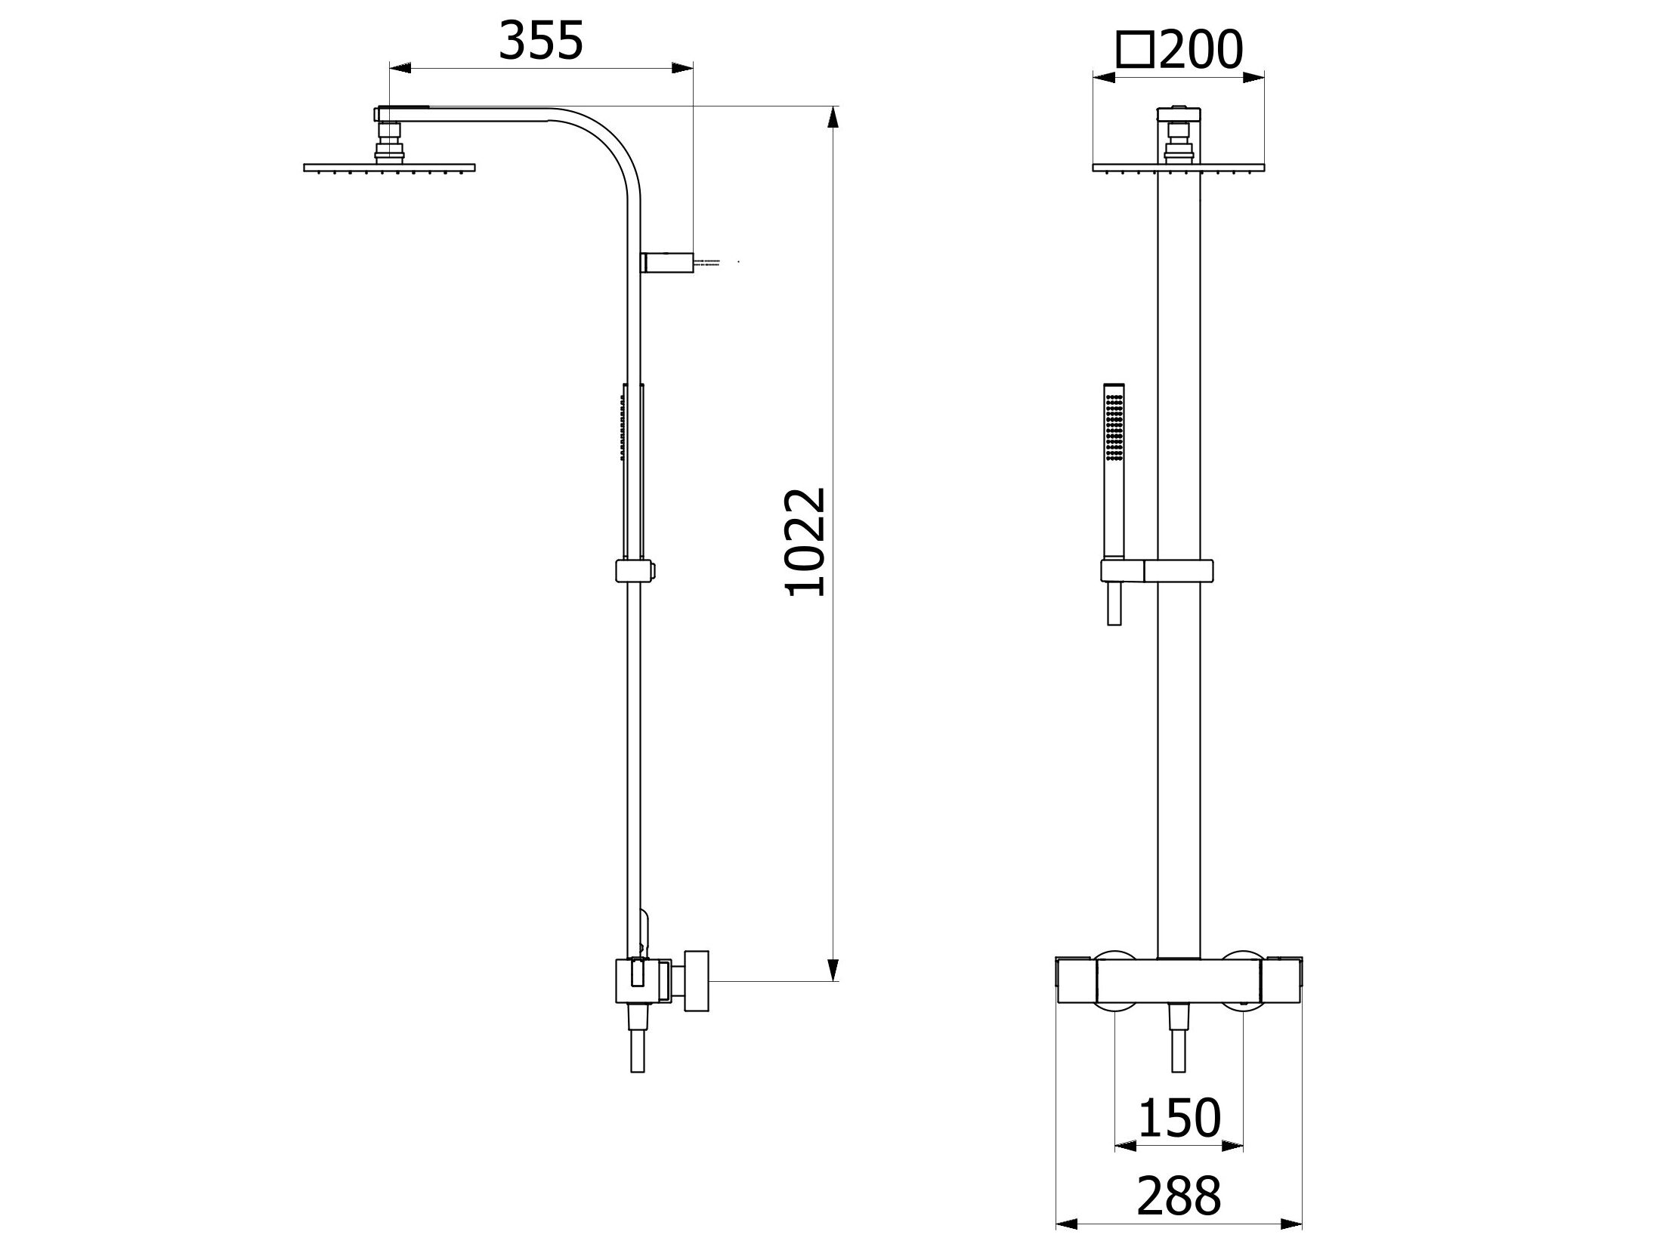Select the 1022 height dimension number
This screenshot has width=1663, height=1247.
pos(806,543)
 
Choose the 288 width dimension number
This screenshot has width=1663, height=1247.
pos(1179,1196)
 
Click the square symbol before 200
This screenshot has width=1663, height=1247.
pos(1136,51)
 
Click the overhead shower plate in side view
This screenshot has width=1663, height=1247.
pos(389,168)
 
